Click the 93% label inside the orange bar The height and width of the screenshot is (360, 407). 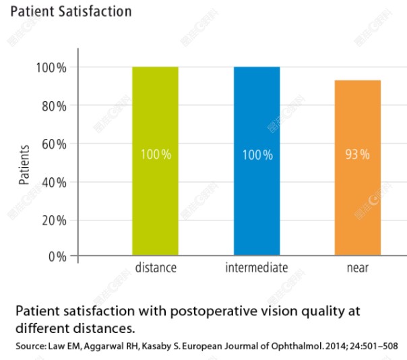357,154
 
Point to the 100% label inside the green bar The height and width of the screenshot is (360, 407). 156,154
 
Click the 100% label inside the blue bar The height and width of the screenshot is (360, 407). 257,154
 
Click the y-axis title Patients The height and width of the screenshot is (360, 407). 24,164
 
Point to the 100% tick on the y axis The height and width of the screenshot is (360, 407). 51,68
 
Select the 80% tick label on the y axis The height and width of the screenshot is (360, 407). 53,106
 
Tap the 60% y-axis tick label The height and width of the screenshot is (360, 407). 53,144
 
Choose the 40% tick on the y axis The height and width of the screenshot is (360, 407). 53,182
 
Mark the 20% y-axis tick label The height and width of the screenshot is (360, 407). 53,220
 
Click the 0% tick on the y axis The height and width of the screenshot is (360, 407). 57,257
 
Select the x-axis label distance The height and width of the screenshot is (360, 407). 156,268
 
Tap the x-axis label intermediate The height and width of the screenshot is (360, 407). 257,268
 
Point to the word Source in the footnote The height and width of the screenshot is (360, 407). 28,347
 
